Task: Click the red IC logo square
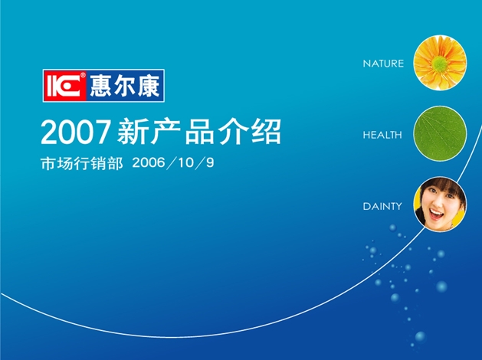tap(65, 86)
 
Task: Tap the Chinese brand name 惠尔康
tap(125, 86)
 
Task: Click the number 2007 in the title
tap(76, 132)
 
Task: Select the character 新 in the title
tap(132, 132)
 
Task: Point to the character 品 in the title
tap(200, 132)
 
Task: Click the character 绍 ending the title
tap(266, 132)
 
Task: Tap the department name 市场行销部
tap(82, 163)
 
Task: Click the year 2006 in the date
tap(149, 162)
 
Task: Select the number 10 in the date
tap(185, 162)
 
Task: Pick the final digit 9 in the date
tap(210, 162)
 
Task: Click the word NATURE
tap(383, 64)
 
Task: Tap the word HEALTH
tap(382, 135)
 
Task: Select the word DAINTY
tap(382, 206)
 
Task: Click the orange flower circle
tap(440, 63)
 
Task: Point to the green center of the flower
tap(439, 64)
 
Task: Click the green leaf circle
tap(440, 133)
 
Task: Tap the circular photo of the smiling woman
tap(440, 205)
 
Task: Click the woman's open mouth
tap(436, 214)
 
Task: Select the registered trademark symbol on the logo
tap(83, 74)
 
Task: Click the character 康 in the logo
tap(149, 86)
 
